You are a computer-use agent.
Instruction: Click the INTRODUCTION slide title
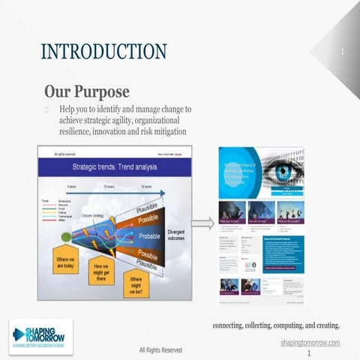[x=103, y=52]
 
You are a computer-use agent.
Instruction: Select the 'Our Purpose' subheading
[x=86, y=91]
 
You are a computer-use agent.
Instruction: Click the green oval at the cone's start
[x=66, y=237]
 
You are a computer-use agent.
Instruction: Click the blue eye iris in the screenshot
[x=283, y=172]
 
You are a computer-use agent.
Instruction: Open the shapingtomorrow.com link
[x=310, y=342]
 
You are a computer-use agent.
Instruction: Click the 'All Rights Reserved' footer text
[x=160, y=349]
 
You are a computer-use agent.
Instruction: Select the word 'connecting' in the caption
[x=229, y=325]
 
